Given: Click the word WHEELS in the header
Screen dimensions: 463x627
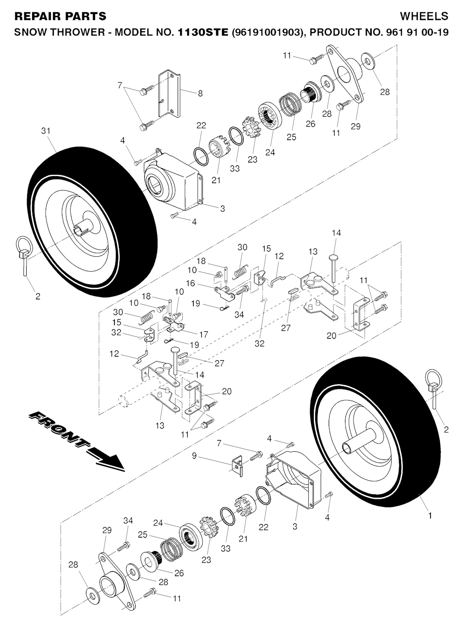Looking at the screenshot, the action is coord(424,16).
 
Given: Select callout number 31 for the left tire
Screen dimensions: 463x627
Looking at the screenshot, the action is coord(46,131).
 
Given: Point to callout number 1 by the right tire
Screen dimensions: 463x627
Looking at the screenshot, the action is coord(430,516).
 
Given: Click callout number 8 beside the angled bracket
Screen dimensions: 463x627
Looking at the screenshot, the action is coord(200,93).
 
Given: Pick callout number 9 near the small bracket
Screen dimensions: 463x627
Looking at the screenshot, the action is coord(194,456).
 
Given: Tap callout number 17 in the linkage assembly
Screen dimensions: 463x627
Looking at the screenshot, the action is coord(203,334).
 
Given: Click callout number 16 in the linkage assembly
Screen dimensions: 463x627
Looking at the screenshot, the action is coord(190,283).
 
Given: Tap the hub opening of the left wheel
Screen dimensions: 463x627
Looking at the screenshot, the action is coord(81,229).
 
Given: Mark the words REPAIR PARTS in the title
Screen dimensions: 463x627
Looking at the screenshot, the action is coord(61,16).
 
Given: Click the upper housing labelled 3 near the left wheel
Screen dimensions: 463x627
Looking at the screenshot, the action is coord(173,181).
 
